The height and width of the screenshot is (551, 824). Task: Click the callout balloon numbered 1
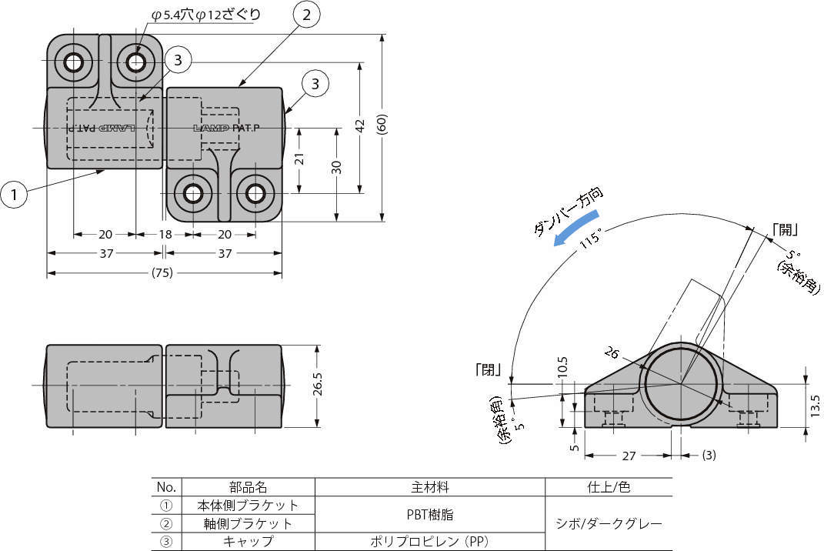coord(14,195)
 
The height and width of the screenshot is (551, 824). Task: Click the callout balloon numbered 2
coord(305,15)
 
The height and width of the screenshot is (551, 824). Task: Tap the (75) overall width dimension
coord(162,272)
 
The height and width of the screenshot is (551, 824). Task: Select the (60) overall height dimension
coord(382,125)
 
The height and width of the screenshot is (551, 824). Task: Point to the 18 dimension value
coord(165,235)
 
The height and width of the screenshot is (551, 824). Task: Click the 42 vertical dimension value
coord(359,126)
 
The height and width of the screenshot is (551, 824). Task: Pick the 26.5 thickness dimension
coord(317,384)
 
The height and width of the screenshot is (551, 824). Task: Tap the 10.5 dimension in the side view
coord(562,365)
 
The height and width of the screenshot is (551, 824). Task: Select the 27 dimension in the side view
coord(629,456)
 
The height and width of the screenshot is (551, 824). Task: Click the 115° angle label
coord(591,239)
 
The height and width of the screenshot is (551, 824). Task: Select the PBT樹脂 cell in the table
coord(429,513)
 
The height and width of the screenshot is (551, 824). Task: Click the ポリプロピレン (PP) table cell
coord(429,541)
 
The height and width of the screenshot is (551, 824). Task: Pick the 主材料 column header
coord(429,487)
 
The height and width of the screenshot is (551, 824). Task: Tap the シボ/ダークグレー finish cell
coord(608,523)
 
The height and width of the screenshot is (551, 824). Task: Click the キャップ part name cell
coord(248,541)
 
